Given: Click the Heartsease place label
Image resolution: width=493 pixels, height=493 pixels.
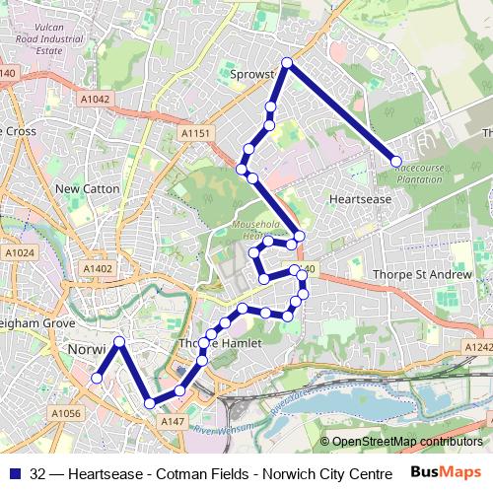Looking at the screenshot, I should (360, 198).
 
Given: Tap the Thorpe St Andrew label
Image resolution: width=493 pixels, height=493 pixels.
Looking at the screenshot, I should (423, 274).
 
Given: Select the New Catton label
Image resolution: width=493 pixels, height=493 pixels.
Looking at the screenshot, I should (87, 188).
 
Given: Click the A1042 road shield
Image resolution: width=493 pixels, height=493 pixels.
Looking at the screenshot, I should (96, 99).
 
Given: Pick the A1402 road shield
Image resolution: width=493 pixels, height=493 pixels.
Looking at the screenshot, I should (98, 268).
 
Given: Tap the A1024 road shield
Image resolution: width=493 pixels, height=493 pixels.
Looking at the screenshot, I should (19, 253).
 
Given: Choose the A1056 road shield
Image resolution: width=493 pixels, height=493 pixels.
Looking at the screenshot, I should (64, 413).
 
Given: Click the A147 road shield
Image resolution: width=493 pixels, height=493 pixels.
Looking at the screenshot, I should (173, 421).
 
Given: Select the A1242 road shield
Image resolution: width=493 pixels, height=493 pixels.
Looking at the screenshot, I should (478, 347).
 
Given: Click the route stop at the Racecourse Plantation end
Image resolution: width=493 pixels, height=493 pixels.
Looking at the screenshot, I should (396, 161).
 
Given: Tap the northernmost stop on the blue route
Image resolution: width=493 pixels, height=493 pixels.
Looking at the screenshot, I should (287, 63).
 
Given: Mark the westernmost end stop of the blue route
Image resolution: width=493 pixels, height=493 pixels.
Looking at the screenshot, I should (97, 378).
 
